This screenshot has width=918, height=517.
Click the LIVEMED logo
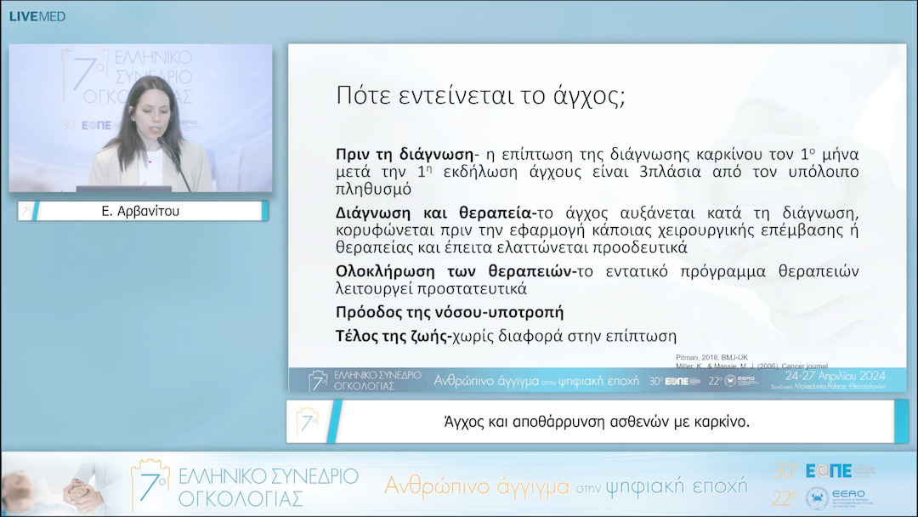[37, 16]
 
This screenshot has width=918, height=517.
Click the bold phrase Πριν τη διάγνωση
[404, 155]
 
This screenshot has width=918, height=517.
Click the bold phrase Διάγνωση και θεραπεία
[433, 213]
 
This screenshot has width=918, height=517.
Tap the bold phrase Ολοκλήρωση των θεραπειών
[456, 271]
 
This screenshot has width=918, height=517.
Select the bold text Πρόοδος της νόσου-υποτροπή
[450, 312]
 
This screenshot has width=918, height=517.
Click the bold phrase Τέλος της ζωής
[391, 336]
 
